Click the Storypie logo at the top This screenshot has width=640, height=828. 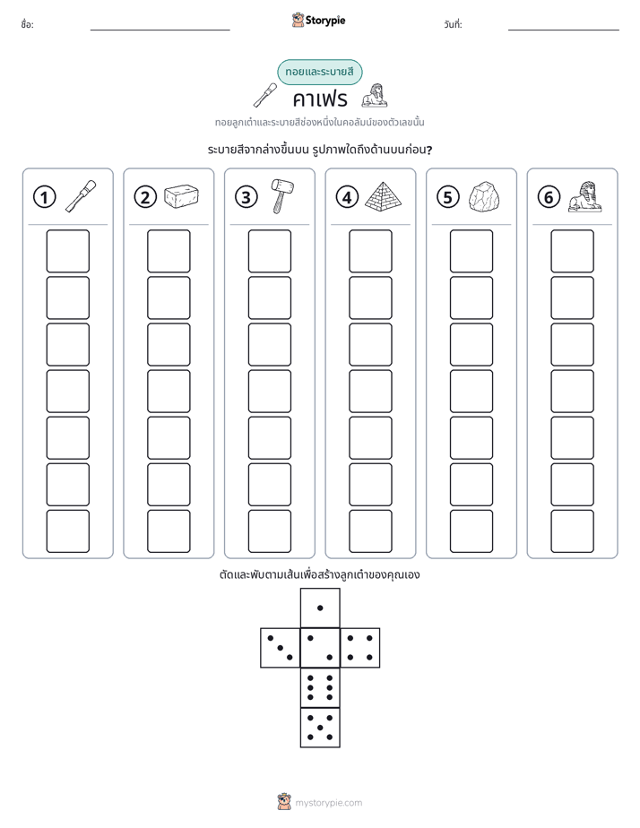(x=318, y=21)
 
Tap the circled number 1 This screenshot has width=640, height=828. (x=44, y=197)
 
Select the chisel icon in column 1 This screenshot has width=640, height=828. (x=81, y=196)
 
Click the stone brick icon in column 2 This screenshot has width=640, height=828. (x=181, y=196)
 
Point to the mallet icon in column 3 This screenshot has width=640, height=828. (x=281, y=195)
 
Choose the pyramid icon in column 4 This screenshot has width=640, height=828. (x=383, y=196)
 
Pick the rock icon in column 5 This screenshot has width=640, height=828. (x=484, y=197)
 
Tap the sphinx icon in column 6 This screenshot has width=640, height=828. (x=584, y=196)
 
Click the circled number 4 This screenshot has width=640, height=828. (x=347, y=197)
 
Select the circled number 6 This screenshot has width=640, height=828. (x=549, y=197)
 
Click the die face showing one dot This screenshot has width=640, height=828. (x=320, y=608)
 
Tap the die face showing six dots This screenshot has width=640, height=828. (x=320, y=687)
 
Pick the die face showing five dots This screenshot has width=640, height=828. (x=320, y=727)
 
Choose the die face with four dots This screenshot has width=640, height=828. (x=359, y=648)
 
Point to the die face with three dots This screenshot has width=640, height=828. (x=281, y=648)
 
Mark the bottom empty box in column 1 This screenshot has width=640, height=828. (x=67, y=531)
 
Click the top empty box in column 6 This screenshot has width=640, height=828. (x=572, y=251)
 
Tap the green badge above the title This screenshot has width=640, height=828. (x=319, y=72)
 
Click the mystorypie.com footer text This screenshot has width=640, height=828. (x=328, y=803)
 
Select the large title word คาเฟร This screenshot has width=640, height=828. (x=320, y=99)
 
